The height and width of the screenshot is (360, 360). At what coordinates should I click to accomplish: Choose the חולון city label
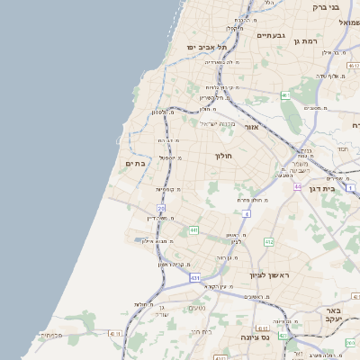[224, 156]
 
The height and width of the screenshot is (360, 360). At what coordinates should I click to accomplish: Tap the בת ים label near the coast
[136, 164]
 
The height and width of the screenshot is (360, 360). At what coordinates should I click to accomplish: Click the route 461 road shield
[285, 94]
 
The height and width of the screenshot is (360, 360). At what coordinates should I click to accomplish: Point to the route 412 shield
[269, 242]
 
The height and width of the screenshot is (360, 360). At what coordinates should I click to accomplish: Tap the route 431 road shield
[195, 278]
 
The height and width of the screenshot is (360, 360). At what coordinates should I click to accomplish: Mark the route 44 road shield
[297, 186]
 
